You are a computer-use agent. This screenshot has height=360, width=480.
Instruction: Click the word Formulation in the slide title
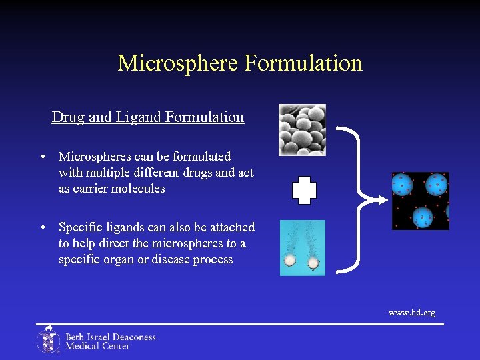303,63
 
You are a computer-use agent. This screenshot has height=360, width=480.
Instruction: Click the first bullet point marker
43,157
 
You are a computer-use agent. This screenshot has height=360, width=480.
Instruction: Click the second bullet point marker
43,228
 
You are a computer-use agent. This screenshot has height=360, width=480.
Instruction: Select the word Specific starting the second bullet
80,227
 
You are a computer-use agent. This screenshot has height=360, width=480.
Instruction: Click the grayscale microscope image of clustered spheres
302,129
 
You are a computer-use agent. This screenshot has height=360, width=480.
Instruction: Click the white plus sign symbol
304,191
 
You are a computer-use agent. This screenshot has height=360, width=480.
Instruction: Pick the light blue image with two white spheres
303,247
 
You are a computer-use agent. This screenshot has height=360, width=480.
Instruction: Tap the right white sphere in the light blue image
313,263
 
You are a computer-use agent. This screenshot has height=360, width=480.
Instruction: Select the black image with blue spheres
420,201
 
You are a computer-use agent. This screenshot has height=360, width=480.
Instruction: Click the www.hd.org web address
411,312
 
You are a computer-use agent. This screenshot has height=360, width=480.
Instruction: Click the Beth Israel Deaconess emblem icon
48,339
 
